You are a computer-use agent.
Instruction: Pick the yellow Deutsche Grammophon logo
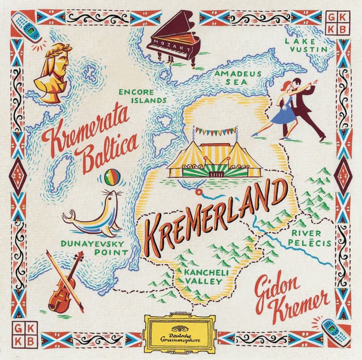pos(180,330)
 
